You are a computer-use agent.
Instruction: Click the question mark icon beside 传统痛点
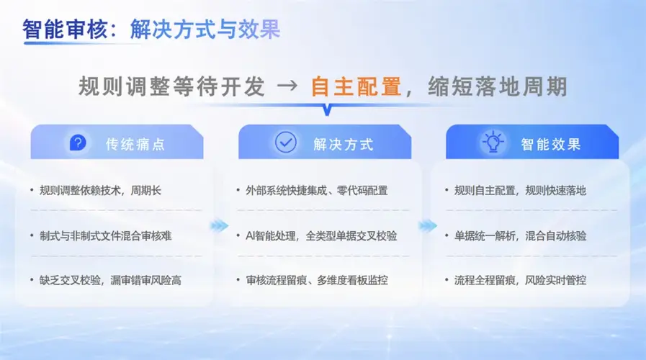pos(78,143)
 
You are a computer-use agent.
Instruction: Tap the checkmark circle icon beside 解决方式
pos(285,143)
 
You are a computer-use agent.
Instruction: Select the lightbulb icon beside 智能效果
pos(493,142)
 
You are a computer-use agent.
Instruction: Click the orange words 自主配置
pos(356,86)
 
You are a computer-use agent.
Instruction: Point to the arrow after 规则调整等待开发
pos(287,86)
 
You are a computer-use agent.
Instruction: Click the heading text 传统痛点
pos(135,144)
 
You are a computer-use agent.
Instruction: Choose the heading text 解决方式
pos(344,144)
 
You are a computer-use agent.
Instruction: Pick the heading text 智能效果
pos(551,144)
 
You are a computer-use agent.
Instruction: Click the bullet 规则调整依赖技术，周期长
pos(100,190)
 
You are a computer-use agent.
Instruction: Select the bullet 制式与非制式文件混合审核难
pos(105,236)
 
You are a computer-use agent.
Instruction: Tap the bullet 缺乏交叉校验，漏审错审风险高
pos(110,281)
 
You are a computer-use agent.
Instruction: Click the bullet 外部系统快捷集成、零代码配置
pos(317,190)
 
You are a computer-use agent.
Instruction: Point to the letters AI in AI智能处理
pos(250,236)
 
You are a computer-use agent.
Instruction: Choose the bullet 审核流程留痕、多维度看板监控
pos(317,281)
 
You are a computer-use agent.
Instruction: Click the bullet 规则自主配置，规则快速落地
pos(520,190)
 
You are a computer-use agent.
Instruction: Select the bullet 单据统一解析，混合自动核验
pos(520,236)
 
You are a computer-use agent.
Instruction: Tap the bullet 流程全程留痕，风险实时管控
pos(520,281)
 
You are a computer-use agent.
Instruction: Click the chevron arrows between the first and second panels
pos(219,225)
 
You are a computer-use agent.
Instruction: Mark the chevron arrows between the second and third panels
pos(428,225)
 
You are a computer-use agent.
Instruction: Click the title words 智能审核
pos(65,30)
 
